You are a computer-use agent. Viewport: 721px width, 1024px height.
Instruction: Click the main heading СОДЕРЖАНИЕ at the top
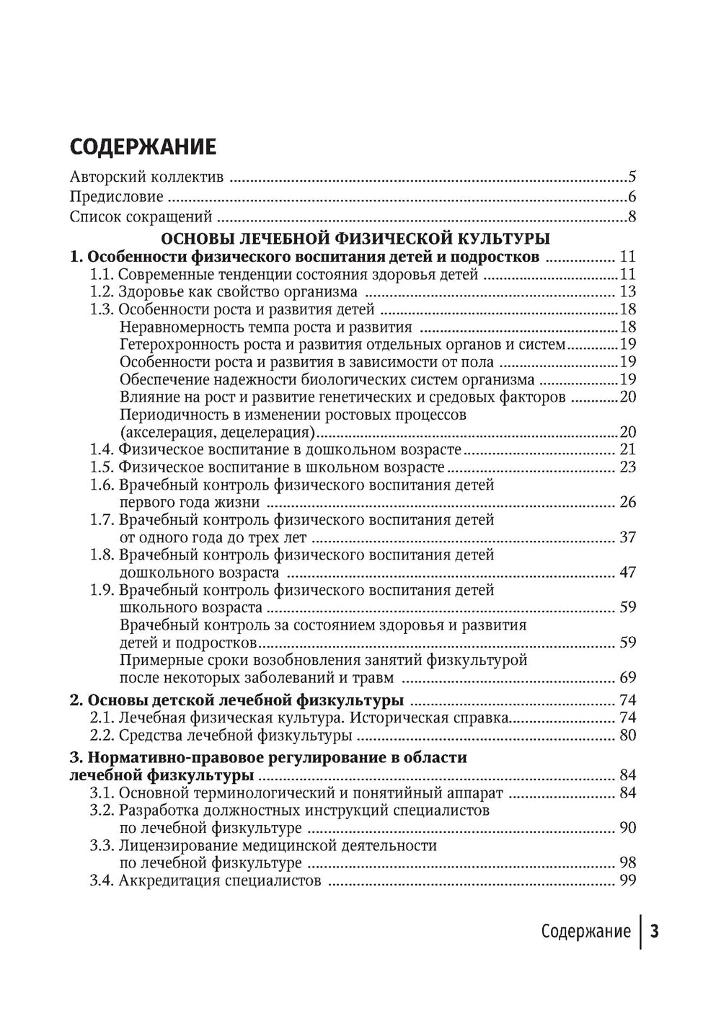point(143,146)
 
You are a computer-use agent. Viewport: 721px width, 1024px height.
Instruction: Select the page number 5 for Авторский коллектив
point(632,177)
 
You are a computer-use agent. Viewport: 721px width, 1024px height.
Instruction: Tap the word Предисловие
point(116,197)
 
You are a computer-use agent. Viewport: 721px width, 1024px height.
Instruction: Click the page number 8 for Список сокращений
point(632,216)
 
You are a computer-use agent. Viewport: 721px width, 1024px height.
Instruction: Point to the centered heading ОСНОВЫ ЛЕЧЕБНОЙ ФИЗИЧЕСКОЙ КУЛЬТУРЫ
point(355,237)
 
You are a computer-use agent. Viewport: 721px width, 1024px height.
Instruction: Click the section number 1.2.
point(102,292)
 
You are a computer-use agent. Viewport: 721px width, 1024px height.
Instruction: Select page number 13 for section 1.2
point(627,292)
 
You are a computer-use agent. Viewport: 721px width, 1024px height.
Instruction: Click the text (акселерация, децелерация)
point(218,433)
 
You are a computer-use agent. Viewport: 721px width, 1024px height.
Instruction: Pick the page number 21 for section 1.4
point(627,450)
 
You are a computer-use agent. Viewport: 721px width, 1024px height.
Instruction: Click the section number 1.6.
point(102,485)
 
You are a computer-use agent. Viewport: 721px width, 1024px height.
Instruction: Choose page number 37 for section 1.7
point(627,538)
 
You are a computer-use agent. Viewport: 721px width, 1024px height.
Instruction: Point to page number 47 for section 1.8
point(627,573)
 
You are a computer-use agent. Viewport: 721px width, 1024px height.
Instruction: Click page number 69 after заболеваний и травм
point(627,678)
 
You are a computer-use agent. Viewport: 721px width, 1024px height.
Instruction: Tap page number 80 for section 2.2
point(627,736)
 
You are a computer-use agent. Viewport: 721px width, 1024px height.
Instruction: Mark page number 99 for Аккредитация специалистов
point(627,881)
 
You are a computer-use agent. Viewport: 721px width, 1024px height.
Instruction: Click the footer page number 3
point(655,932)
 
